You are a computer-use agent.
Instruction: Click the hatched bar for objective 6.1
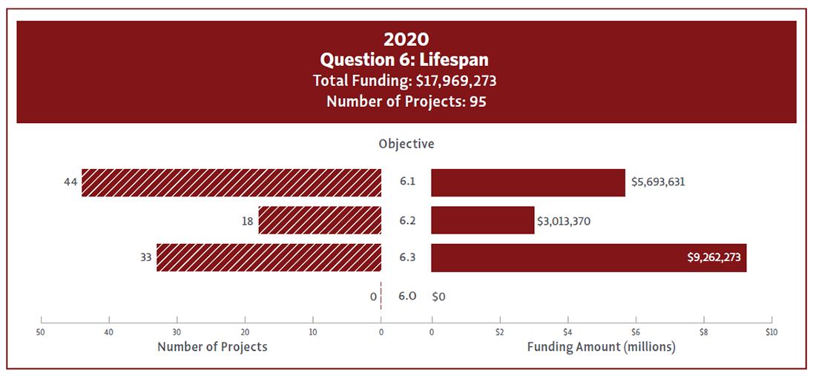pyautogui.click(x=231, y=183)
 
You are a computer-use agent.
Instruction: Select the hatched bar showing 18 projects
pyautogui.click(x=320, y=220)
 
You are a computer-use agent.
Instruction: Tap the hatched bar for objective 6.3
pyautogui.click(x=269, y=258)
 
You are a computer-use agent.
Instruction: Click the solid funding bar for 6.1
pyautogui.click(x=528, y=183)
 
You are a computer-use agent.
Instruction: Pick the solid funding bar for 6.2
pyautogui.click(x=483, y=220)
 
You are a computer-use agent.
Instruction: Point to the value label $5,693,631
pyautogui.click(x=658, y=182)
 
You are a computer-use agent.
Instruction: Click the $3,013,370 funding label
pyautogui.click(x=565, y=220)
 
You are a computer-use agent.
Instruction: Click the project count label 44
pyautogui.click(x=70, y=182)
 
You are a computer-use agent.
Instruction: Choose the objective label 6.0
pyautogui.click(x=407, y=296)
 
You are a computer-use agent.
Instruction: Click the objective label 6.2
pyautogui.click(x=407, y=220)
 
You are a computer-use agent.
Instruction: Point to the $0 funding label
pyautogui.click(x=439, y=297)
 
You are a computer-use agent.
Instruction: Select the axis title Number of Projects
pyautogui.click(x=212, y=346)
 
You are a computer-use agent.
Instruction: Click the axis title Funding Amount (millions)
pyautogui.click(x=601, y=346)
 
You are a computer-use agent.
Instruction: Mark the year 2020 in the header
pyautogui.click(x=407, y=39)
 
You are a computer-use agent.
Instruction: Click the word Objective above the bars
pyautogui.click(x=407, y=144)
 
